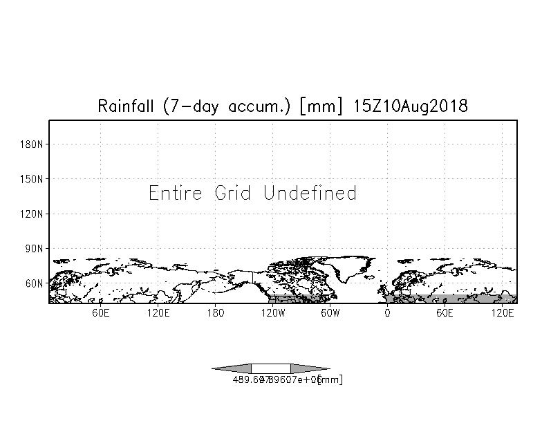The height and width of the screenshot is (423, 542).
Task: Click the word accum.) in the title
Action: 261,106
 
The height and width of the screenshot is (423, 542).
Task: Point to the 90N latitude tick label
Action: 35,248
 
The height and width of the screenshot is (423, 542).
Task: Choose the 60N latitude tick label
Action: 35,283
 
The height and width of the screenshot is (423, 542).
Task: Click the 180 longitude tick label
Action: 216,313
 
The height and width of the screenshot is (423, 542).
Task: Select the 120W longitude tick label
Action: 272,313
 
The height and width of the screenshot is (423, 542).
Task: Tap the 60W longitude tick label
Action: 330,313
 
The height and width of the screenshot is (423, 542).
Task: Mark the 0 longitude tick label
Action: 387,313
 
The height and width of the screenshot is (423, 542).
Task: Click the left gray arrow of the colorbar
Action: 232,368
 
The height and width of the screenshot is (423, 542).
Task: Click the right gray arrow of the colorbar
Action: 310,368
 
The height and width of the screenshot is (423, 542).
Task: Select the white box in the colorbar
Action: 270,368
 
